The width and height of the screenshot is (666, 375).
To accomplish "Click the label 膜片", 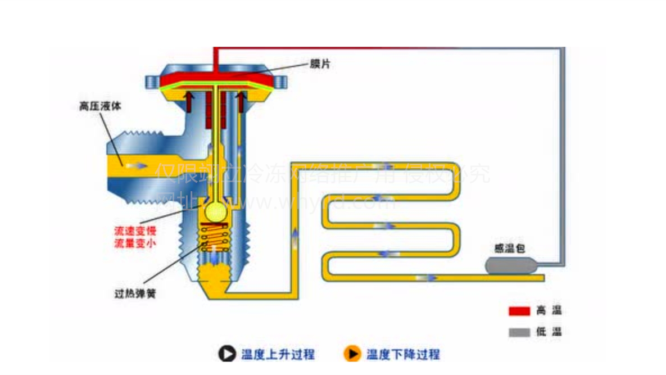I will coord(320,64).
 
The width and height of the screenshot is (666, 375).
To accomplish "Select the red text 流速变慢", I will coord(135,231).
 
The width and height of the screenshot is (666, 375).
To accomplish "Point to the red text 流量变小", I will coord(135,243).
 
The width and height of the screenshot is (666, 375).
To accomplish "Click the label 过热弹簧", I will coord(135,293).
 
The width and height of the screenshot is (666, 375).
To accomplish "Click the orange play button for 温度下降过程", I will coord(351,354).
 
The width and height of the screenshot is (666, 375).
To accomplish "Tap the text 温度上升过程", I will coord(278,355).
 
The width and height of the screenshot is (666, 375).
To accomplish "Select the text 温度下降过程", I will coord(403,355).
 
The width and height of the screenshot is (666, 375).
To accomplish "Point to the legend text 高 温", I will coord(549,310).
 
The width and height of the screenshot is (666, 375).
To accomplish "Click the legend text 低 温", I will coord(549,332).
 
